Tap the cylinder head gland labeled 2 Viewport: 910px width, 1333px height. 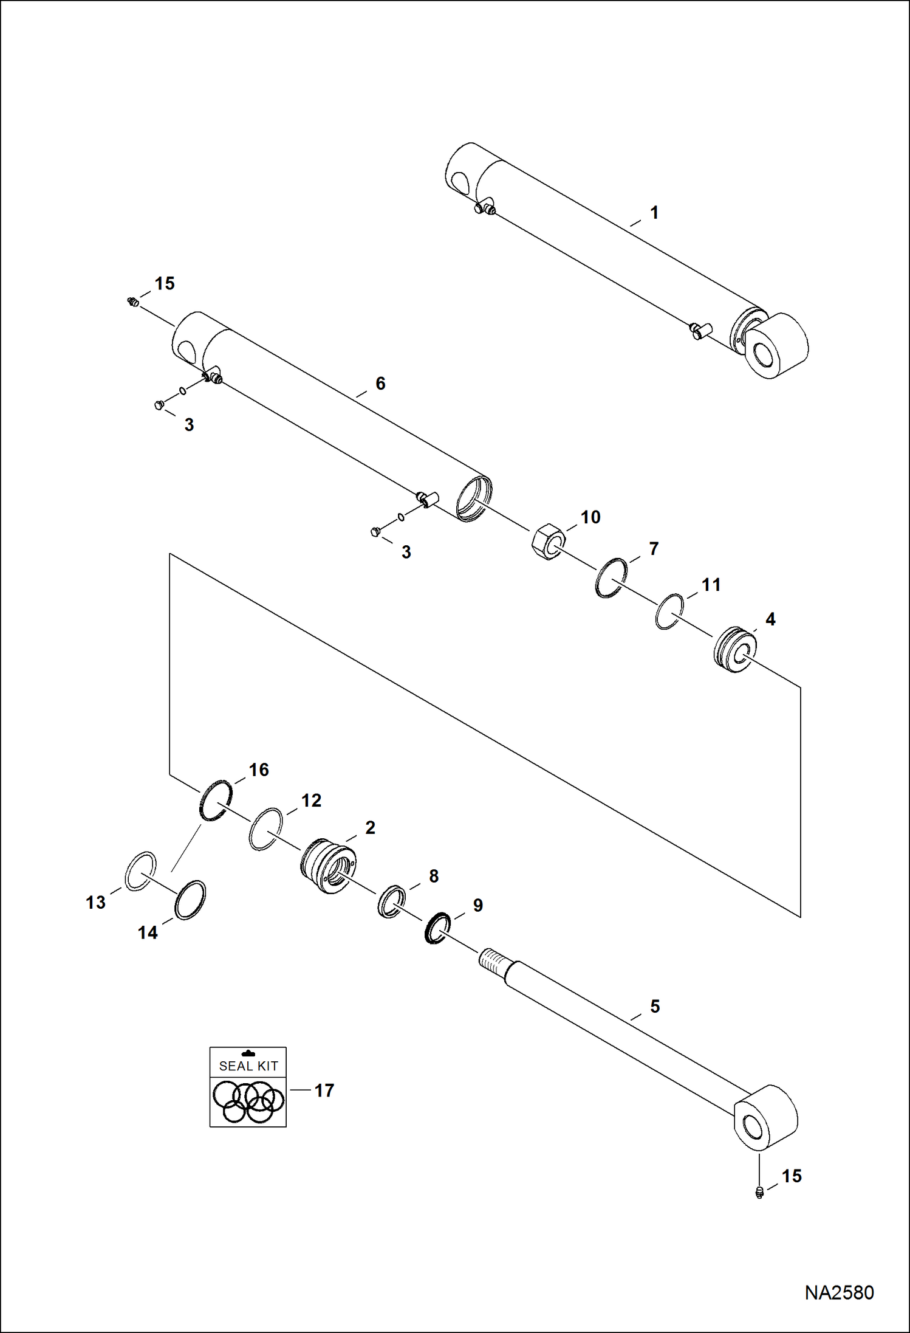pos(329,866)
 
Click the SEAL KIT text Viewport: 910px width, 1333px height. pos(248,1066)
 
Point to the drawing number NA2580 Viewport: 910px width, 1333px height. pos(839,1292)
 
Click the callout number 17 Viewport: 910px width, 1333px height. pos(324,1090)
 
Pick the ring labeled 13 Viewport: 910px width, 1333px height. pos(140,871)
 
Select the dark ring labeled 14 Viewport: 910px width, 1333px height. pos(190,900)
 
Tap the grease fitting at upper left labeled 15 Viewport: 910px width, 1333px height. pos(132,301)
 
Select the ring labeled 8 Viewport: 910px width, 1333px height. pos(391,901)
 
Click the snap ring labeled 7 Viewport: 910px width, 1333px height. pos(611,577)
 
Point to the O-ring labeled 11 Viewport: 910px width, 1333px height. pos(669,611)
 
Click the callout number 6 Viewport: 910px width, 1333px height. pos(380,384)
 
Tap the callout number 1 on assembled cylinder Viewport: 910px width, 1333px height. pos(654,213)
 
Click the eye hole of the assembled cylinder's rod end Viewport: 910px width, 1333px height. pos(764,354)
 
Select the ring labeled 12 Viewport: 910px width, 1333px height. pos(265,829)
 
